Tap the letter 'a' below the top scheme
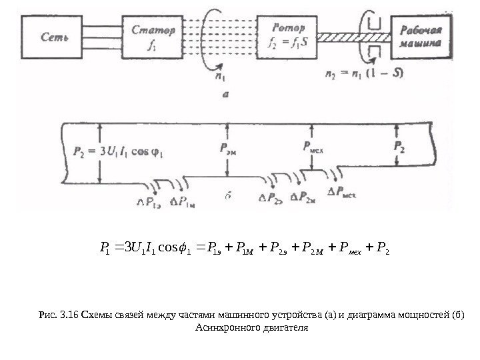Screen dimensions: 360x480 coord(225,95)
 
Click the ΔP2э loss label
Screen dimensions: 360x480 coord(272,198)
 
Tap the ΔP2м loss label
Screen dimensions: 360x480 coord(307,198)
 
